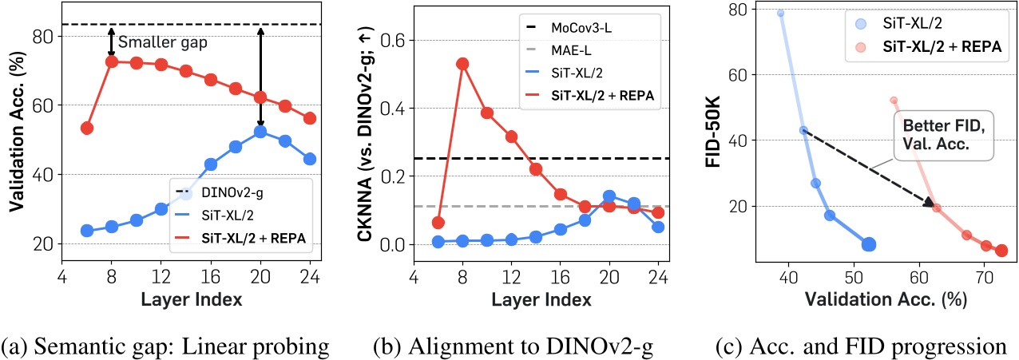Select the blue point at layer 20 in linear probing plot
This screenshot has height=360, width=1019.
click(260, 132)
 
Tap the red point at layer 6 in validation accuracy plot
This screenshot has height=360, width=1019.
click(87, 128)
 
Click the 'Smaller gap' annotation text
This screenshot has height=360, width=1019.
click(160, 43)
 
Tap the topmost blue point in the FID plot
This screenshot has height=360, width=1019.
click(780, 14)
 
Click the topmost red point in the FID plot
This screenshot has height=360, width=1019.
click(894, 100)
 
